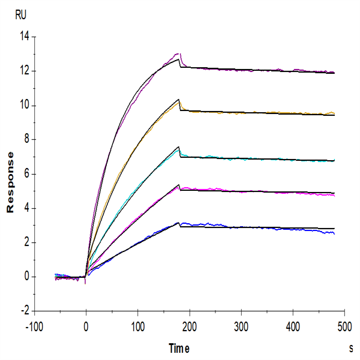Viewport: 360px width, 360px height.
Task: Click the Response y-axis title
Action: click(10, 182)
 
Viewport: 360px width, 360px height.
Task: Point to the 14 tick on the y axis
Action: click(24, 37)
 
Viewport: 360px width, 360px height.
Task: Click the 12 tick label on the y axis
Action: click(24, 71)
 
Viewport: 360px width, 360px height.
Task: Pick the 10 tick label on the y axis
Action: click(24, 106)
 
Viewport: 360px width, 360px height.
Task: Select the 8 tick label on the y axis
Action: click(26, 140)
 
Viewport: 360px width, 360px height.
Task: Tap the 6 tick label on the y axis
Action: click(26, 174)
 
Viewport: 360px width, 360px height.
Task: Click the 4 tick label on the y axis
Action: click(26, 208)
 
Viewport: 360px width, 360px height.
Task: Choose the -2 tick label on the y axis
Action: click(25, 311)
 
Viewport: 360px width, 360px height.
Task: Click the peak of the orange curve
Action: click(179, 100)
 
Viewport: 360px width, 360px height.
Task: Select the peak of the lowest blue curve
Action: click(178, 223)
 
